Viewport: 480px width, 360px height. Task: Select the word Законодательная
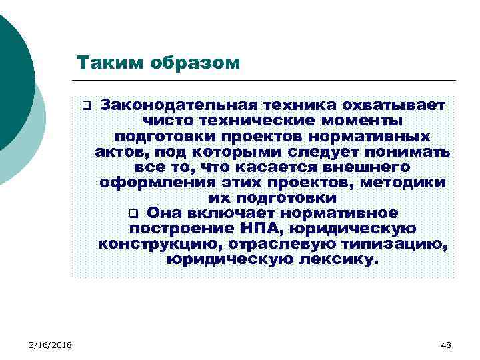(179, 105)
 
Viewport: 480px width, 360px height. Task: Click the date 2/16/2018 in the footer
(51, 344)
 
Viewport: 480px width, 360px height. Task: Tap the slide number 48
(446, 344)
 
